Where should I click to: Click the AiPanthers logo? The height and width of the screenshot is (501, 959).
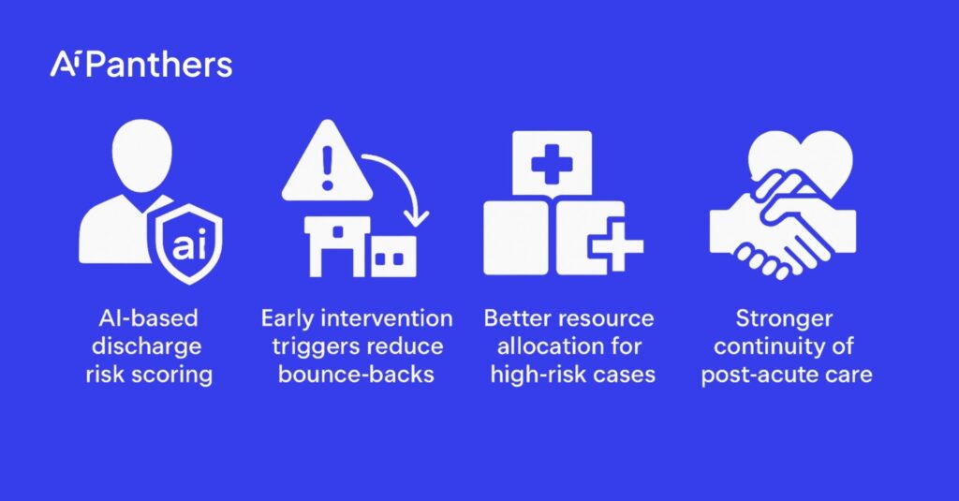coord(141,65)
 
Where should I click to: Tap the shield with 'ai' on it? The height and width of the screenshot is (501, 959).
coord(189,243)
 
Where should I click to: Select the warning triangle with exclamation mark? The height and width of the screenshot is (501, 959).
coord(327,160)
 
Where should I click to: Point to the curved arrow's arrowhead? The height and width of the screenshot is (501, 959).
coord(418,217)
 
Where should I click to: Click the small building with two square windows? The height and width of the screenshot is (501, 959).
coord(394,257)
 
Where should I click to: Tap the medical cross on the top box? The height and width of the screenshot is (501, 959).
coord(552,163)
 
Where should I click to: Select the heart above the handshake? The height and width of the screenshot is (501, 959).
coord(801,158)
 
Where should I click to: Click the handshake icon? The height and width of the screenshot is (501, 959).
coord(783,227)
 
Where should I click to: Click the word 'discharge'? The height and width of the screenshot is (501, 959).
coord(147,346)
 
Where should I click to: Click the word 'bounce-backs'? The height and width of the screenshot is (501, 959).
coord(356,375)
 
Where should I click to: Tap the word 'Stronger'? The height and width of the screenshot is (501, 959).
coord(784,319)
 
